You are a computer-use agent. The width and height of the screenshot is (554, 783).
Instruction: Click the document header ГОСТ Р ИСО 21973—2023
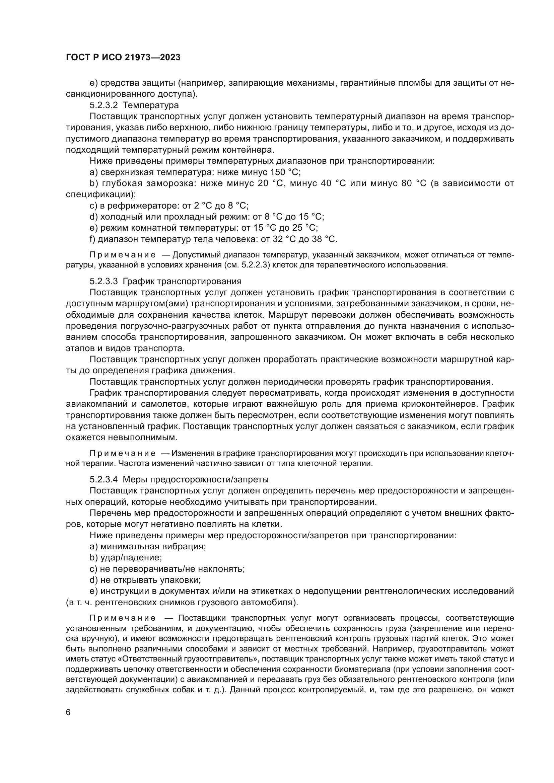coord(123,58)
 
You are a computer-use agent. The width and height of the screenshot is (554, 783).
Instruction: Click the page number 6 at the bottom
coord(68,712)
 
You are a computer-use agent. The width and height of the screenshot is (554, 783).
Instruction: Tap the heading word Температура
coord(151,105)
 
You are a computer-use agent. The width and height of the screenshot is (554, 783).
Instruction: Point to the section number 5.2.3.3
coord(103,281)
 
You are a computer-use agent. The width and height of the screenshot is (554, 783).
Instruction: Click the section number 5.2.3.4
coord(103,479)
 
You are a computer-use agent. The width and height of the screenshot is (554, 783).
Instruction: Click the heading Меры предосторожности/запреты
coord(196,479)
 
